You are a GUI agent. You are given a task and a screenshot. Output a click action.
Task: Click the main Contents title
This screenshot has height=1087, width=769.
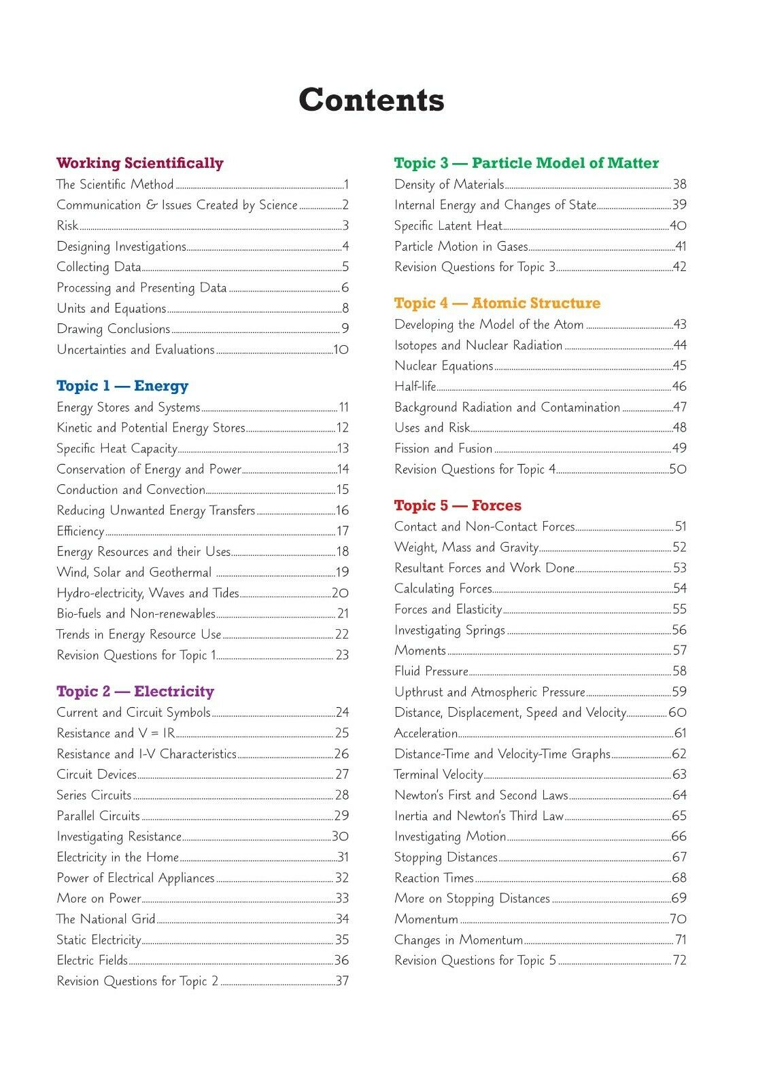[x=371, y=100]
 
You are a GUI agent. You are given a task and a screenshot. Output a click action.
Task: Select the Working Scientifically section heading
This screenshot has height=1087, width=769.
[x=139, y=163]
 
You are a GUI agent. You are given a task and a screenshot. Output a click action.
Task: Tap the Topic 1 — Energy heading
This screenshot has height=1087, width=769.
[x=122, y=386]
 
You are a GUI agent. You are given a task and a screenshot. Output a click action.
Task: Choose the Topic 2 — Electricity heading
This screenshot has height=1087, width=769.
[x=135, y=692]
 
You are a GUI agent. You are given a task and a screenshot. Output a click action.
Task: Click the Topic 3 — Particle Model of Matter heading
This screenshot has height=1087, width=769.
[x=526, y=163]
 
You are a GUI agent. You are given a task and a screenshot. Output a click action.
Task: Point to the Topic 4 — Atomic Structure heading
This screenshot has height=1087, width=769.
[x=497, y=303]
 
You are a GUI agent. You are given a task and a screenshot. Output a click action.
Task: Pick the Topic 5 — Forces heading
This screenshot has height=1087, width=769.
[x=458, y=505]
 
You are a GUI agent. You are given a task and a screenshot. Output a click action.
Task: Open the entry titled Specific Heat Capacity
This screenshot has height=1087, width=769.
[x=117, y=448]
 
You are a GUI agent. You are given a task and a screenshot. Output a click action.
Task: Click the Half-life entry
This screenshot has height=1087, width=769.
[x=415, y=387]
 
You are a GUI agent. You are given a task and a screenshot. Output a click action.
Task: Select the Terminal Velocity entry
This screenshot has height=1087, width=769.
[x=439, y=774]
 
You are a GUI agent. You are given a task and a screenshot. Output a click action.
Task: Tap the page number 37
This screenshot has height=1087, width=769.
[x=342, y=981]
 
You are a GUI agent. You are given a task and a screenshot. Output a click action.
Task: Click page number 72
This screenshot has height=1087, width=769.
[x=679, y=961]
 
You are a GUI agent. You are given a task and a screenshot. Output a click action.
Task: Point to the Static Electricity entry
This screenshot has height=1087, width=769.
[x=99, y=940]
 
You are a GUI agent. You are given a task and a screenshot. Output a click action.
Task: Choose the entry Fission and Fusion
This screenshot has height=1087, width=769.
[x=443, y=448]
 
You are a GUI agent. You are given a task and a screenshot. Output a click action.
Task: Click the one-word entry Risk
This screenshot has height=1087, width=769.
[x=67, y=226]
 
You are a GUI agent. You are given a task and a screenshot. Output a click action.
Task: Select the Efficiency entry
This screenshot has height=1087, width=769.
[x=80, y=531]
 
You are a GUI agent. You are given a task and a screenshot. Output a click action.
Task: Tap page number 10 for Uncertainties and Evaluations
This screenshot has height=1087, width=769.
[x=341, y=350]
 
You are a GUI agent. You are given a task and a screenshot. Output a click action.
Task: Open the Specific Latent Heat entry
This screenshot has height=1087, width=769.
[x=448, y=226]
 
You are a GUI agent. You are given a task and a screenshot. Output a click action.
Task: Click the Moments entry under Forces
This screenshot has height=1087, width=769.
[x=420, y=651]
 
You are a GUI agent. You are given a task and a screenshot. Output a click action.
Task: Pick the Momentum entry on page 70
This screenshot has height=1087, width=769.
[x=426, y=919]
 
